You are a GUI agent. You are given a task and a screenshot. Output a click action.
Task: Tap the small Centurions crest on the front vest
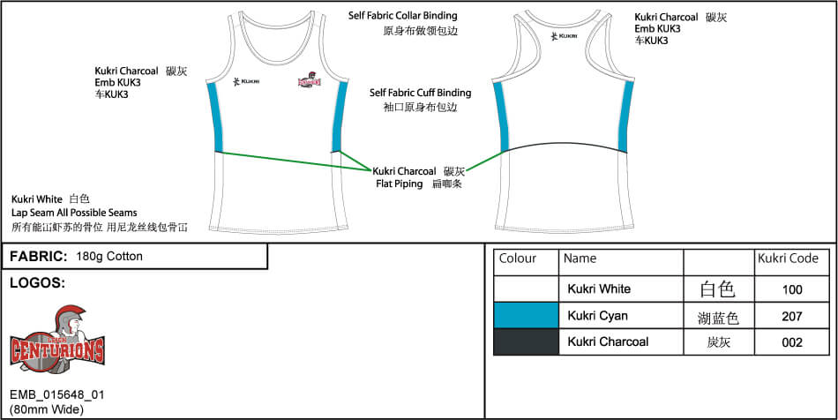coord(310,80)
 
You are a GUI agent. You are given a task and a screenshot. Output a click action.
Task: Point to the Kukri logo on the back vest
coord(564,36)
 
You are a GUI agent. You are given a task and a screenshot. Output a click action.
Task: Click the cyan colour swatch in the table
coord(526,315)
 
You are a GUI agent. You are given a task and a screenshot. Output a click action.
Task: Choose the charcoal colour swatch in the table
coord(526,341)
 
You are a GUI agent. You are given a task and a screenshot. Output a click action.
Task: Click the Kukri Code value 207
coord(791,315)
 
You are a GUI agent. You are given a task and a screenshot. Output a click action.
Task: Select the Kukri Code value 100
coord(791,289)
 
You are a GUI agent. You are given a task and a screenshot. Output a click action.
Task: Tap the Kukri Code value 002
coord(791,341)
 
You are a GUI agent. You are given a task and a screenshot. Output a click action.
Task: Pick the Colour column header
coord(518,259)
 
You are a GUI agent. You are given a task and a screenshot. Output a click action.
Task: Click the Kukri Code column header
coord(788,259)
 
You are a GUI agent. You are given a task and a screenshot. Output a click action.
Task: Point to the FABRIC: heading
coord(38,257)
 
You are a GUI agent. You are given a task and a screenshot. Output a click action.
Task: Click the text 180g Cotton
coord(109,257)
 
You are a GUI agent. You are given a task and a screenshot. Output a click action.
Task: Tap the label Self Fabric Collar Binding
coord(402,16)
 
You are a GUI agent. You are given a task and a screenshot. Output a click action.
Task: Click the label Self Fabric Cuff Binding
coord(420,92)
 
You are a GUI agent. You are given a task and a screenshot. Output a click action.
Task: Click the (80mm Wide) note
coord(47,409)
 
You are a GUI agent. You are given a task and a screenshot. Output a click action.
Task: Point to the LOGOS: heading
coord(36,283)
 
